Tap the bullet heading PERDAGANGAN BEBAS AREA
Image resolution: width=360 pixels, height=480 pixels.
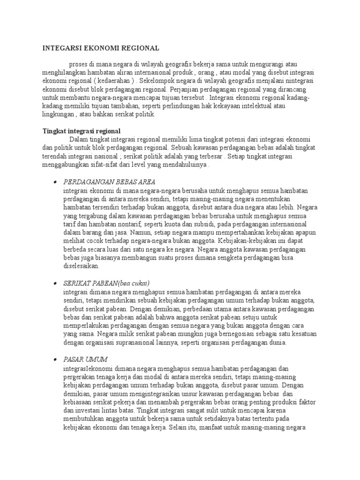tap(109, 182)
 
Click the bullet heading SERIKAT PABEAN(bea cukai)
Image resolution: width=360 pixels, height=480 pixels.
tap(106, 283)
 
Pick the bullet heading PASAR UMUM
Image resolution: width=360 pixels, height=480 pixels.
tap(85, 359)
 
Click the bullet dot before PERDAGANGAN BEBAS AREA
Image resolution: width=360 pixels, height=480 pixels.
tap(55, 182)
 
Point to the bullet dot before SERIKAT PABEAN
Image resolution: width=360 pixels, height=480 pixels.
tap(55, 283)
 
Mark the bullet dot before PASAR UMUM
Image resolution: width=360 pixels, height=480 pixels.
tap(55, 359)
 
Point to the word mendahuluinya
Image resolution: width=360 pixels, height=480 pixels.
tap(183, 165)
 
